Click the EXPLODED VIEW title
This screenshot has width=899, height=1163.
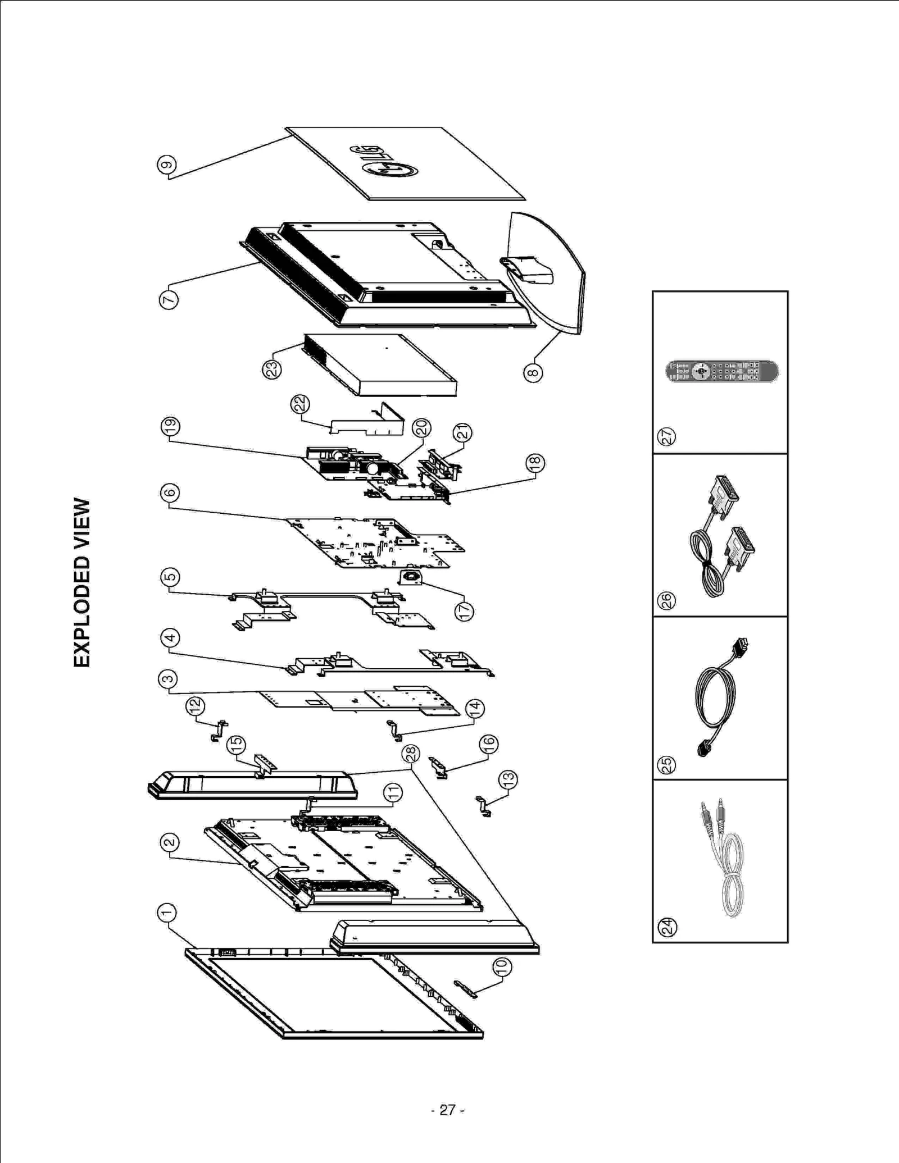click(82, 582)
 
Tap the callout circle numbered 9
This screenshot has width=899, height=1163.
click(167, 165)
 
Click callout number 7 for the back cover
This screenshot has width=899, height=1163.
click(168, 299)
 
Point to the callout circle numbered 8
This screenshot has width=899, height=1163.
click(533, 372)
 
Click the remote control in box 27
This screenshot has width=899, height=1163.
click(721, 372)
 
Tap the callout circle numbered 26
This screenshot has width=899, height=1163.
click(667, 600)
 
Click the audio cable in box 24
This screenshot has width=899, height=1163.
click(725, 859)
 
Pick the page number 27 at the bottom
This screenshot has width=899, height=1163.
click(448, 1110)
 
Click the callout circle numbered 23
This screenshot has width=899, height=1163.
click(273, 369)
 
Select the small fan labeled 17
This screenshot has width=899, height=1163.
click(409, 577)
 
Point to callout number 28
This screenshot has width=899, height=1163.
click(411, 753)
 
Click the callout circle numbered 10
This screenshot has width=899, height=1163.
click(502, 966)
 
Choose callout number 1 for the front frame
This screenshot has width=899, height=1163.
click(167, 913)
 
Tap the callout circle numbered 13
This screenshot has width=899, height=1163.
click(508, 779)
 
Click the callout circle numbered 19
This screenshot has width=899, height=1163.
click(170, 426)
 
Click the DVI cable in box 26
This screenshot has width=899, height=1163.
click(721, 536)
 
